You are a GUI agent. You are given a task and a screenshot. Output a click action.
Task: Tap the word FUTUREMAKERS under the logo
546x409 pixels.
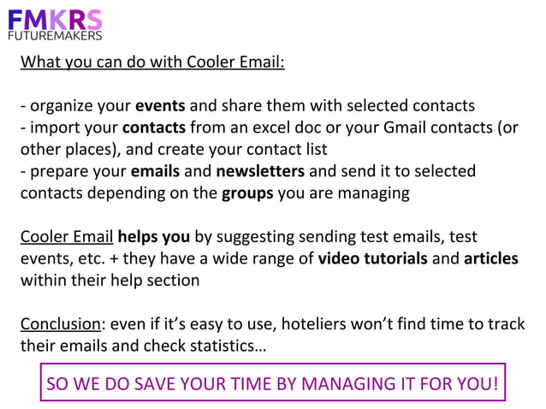point(55,36)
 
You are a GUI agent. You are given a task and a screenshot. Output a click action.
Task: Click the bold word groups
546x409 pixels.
point(247,193)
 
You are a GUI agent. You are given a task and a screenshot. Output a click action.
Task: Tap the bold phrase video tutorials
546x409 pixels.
point(372,258)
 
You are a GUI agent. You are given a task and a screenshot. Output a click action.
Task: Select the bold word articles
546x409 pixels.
point(491,258)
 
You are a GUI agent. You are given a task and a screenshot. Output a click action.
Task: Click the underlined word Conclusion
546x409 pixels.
point(58,323)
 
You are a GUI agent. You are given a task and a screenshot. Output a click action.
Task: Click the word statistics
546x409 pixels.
point(223,345)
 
